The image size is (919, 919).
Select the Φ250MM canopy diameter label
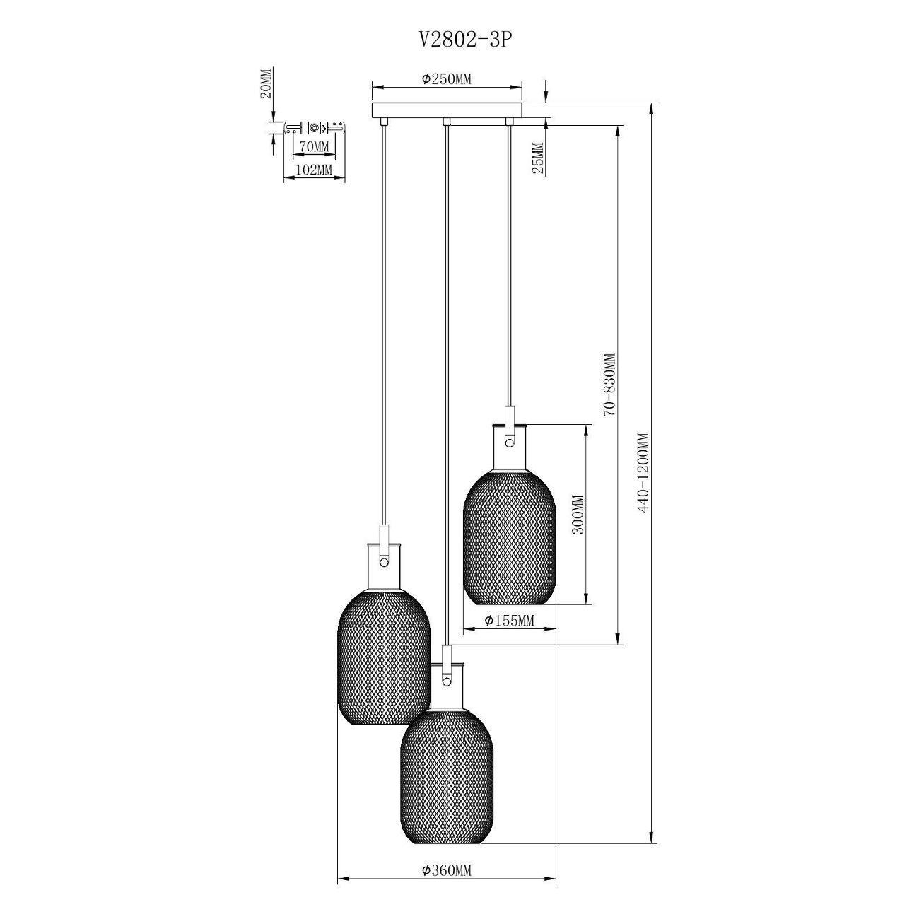446,78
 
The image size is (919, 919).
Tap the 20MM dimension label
266,83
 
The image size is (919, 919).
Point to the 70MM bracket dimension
312,147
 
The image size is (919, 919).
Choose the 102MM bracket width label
313,169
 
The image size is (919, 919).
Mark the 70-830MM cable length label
609,385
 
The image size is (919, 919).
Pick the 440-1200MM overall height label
644,472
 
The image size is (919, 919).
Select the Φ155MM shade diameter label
509,621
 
